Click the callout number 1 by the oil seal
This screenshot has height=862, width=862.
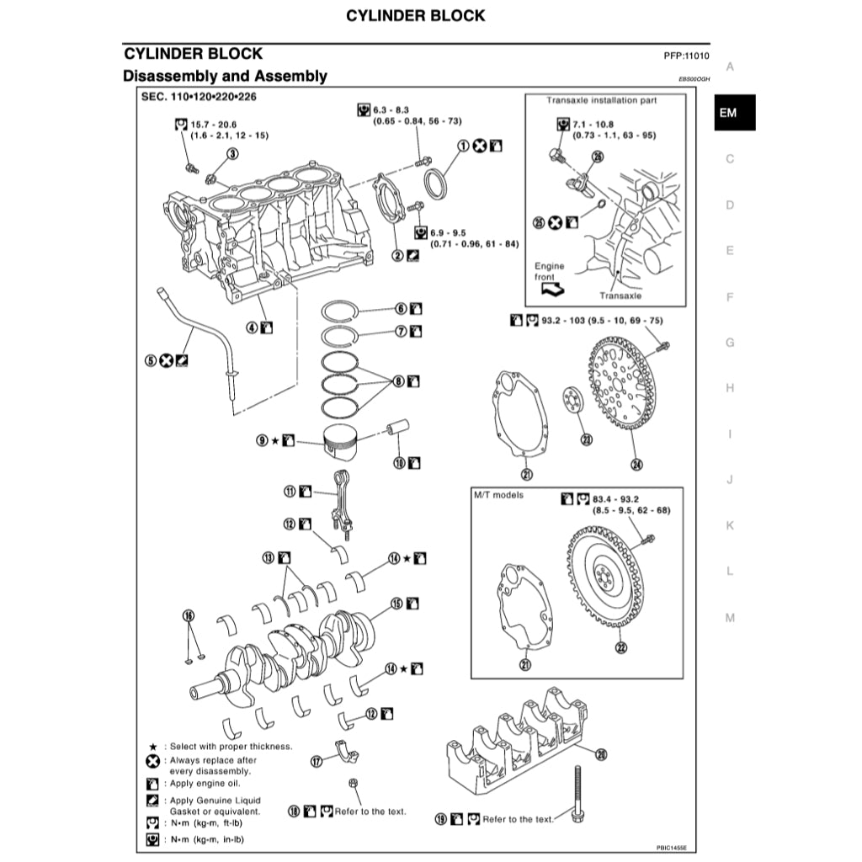[x=463, y=146]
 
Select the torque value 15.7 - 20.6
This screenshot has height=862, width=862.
[x=214, y=124]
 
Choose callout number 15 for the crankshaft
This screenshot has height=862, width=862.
[x=396, y=603]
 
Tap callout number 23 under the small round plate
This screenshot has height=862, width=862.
[x=586, y=439]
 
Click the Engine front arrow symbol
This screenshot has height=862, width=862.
[x=552, y=289]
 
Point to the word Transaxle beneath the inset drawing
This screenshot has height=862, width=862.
[x=620, y=295]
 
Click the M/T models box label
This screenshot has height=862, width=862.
[x=498, y=495]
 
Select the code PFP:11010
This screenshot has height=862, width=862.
[x=687, y=56]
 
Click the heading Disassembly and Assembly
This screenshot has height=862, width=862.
[x=225, y=77]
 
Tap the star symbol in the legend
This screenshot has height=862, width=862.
[x=153, y=747]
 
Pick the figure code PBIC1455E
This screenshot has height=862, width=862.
[x=672, y=849]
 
